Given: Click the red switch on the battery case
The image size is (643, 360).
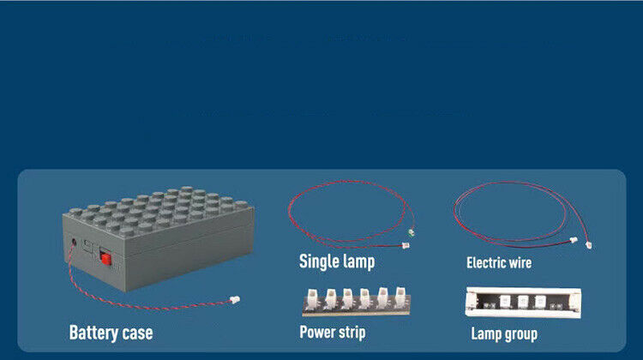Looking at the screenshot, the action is tap(105, 258).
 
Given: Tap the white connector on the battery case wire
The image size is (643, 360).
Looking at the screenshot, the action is tap(235, 300).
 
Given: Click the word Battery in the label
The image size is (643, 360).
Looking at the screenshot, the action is tap(94, 333).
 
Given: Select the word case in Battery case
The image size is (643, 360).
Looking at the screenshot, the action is tap(138, 333).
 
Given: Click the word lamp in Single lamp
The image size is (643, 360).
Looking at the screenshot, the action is tap(358, 262).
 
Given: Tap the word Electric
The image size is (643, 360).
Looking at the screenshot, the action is tap(485, 263).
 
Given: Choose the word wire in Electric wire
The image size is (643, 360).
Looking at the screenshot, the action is tap(520, 263).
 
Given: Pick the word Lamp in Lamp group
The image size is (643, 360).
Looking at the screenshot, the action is tap(485, 334).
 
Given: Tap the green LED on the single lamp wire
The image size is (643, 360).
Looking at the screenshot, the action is tap(412, 232).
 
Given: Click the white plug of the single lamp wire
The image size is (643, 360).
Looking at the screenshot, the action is tap(406, 246).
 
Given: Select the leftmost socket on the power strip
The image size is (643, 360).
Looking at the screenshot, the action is tap(313, 297).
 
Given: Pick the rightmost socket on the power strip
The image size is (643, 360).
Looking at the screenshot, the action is tap(400, 296).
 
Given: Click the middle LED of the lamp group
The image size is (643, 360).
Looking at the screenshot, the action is tap(523, 302).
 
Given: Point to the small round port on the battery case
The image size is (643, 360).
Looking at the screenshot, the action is tap(74, 243).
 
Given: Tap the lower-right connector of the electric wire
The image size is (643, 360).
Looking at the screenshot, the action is tap(589, 245).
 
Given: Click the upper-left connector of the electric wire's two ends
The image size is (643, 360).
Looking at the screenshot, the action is tap(574, 240).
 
